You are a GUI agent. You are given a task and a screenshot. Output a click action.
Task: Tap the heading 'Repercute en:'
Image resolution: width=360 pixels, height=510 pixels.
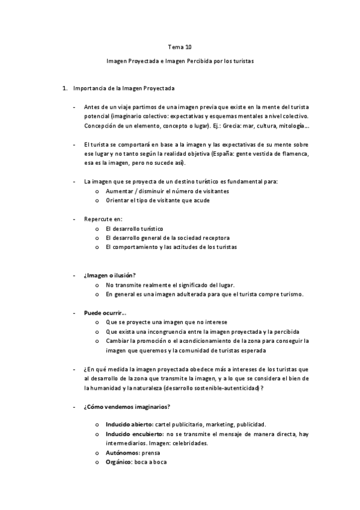[103, 219]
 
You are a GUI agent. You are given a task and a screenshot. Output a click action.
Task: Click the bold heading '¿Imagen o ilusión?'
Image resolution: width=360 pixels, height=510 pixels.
[110, 275]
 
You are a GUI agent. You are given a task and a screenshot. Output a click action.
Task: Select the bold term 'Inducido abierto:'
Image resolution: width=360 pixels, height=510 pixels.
[129, 425]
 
